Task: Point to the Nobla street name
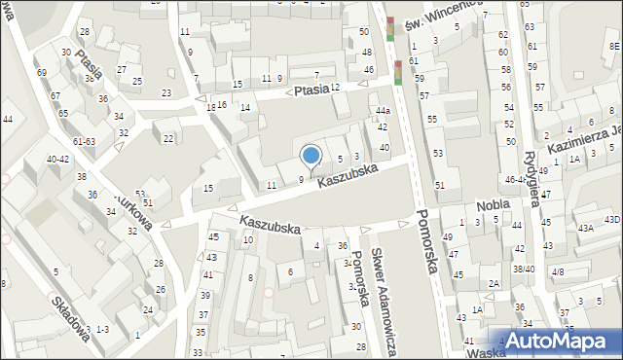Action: [x=494, y=205]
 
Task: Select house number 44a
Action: [x=384, y=112]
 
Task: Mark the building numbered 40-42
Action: [x=57, y=159]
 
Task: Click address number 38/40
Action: [x=524, y=269]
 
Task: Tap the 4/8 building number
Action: [x=557, y=271]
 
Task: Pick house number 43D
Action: [x=611, y=219]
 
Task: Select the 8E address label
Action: [x=614, y=45]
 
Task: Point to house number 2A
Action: [x=494, y=283]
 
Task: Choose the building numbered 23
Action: [x=166, y=92]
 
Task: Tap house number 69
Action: [x=41, y=73]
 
